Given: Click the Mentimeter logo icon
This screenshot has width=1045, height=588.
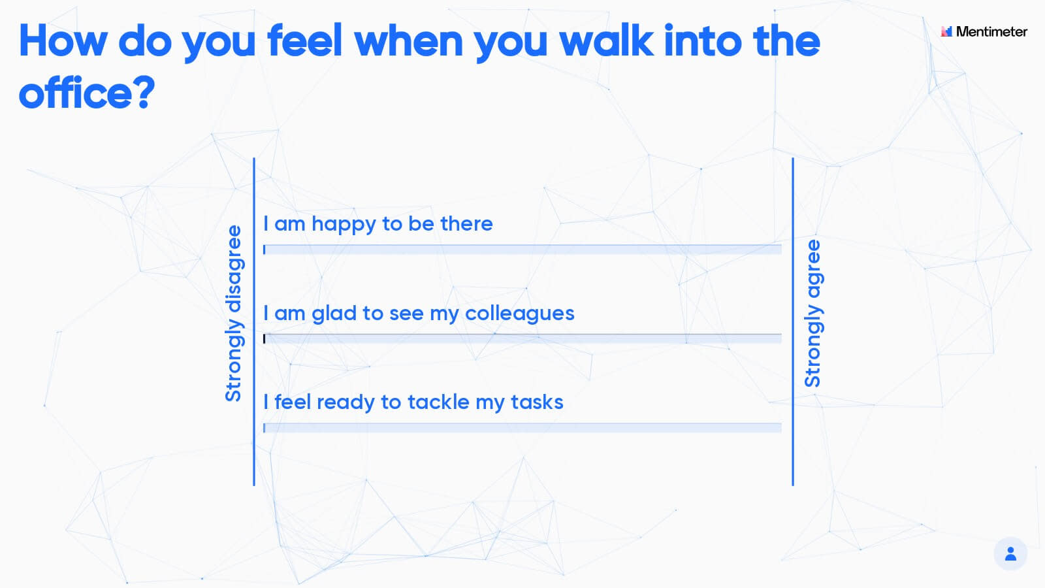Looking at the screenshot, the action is coord(946,31).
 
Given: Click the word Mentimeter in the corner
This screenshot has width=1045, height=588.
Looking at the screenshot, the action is coord(992,31).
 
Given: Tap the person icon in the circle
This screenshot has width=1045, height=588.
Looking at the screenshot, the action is coord(1010,554).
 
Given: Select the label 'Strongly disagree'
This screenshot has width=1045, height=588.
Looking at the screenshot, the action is coord(233,314).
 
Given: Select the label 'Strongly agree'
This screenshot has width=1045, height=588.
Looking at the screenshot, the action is coord(812,313).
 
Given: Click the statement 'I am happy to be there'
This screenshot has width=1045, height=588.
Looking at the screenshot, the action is coord(378,224).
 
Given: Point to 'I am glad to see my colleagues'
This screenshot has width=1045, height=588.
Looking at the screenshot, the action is coord(419,314).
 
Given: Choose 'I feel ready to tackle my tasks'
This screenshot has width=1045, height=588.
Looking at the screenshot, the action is coord(413,402).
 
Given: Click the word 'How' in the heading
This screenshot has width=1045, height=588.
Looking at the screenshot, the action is coord(63,41).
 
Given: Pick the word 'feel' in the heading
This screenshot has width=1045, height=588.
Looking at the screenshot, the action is coord(305,41).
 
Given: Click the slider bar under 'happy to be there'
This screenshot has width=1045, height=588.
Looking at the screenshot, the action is coord(522,249).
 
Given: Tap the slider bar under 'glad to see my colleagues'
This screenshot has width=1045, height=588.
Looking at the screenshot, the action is coord(522,338).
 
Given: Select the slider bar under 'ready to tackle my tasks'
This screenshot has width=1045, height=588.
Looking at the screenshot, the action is coord(522,427).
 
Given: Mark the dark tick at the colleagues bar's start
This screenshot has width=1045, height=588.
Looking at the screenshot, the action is coord(264,338).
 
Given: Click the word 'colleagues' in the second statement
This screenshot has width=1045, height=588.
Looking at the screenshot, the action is coord(520,314).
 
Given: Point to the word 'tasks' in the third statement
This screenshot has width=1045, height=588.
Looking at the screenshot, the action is coord(537,402).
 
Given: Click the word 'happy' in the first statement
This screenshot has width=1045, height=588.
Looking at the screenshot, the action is coord(344,225).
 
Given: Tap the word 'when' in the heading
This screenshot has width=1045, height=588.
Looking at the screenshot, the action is coord(409,41).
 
